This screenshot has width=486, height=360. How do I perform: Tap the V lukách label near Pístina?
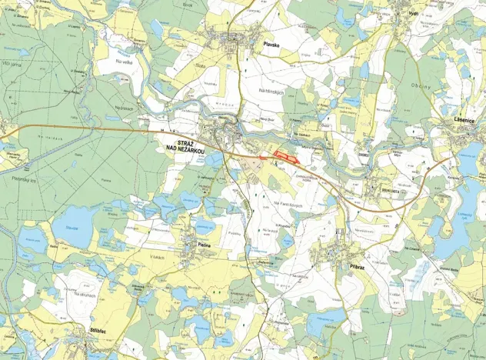[x=158, y=256]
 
